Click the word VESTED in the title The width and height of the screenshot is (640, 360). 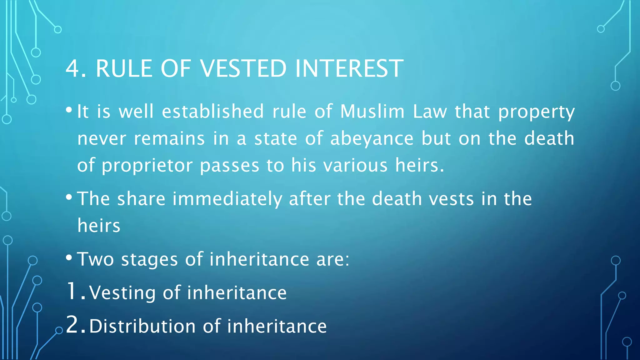pos(243,68)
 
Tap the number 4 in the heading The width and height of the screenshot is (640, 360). pos(72,68)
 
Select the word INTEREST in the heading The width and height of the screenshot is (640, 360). pos(349,68)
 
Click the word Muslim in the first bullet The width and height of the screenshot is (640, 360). pos(372,112)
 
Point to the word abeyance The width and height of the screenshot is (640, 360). pos(372,139)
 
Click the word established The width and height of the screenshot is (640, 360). pos(213,112)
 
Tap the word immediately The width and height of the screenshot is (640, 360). pos(227,199)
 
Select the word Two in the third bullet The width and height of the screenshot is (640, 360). pos(96,259)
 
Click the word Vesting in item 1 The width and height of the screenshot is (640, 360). pos(122,293)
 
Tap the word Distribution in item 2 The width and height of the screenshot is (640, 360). pos(142,326)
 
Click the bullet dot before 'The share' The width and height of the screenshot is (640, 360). pos(69,197)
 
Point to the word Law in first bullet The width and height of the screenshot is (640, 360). pos(430,112)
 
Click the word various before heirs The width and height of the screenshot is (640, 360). pos(355,166)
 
